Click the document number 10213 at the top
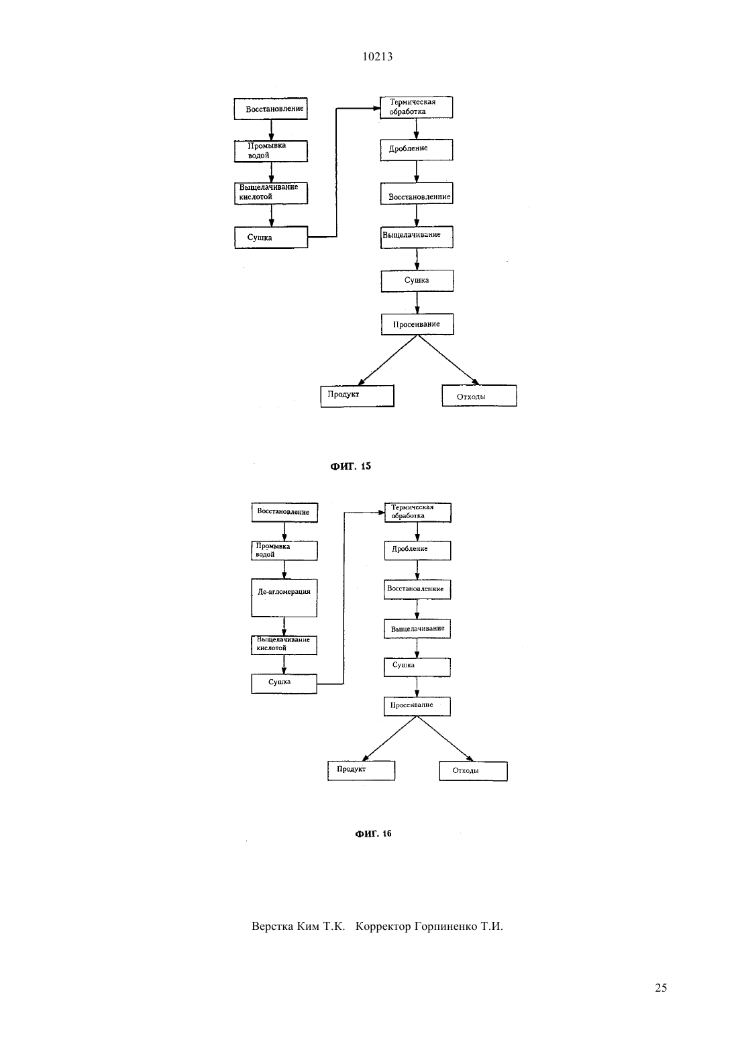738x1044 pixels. pos(377,57)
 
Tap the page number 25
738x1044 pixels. pos(661,988)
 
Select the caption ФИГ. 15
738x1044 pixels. pos(350,466)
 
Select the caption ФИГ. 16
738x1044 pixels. pos(373,834)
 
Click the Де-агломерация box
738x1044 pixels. pos(284,598)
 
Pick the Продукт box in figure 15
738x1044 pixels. pos(358,396)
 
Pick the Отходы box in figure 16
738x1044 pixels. pos(474,772)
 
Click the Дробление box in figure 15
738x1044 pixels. pos(417,150)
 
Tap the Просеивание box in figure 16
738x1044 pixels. pos(417,706)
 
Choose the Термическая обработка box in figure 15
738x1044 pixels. pos(416,107)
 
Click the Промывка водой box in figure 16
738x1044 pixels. pos(284,550)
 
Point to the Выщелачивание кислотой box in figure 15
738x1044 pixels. pos(270,193)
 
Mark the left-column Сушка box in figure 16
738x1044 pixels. pos(284,684)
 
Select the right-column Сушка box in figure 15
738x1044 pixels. pos(417,281)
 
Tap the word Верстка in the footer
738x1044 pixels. pos(272,926)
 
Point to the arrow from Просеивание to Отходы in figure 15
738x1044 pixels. pos(447,360)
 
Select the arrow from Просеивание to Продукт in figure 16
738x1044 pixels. pos(390,739)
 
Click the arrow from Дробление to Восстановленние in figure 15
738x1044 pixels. pos(417,172)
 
